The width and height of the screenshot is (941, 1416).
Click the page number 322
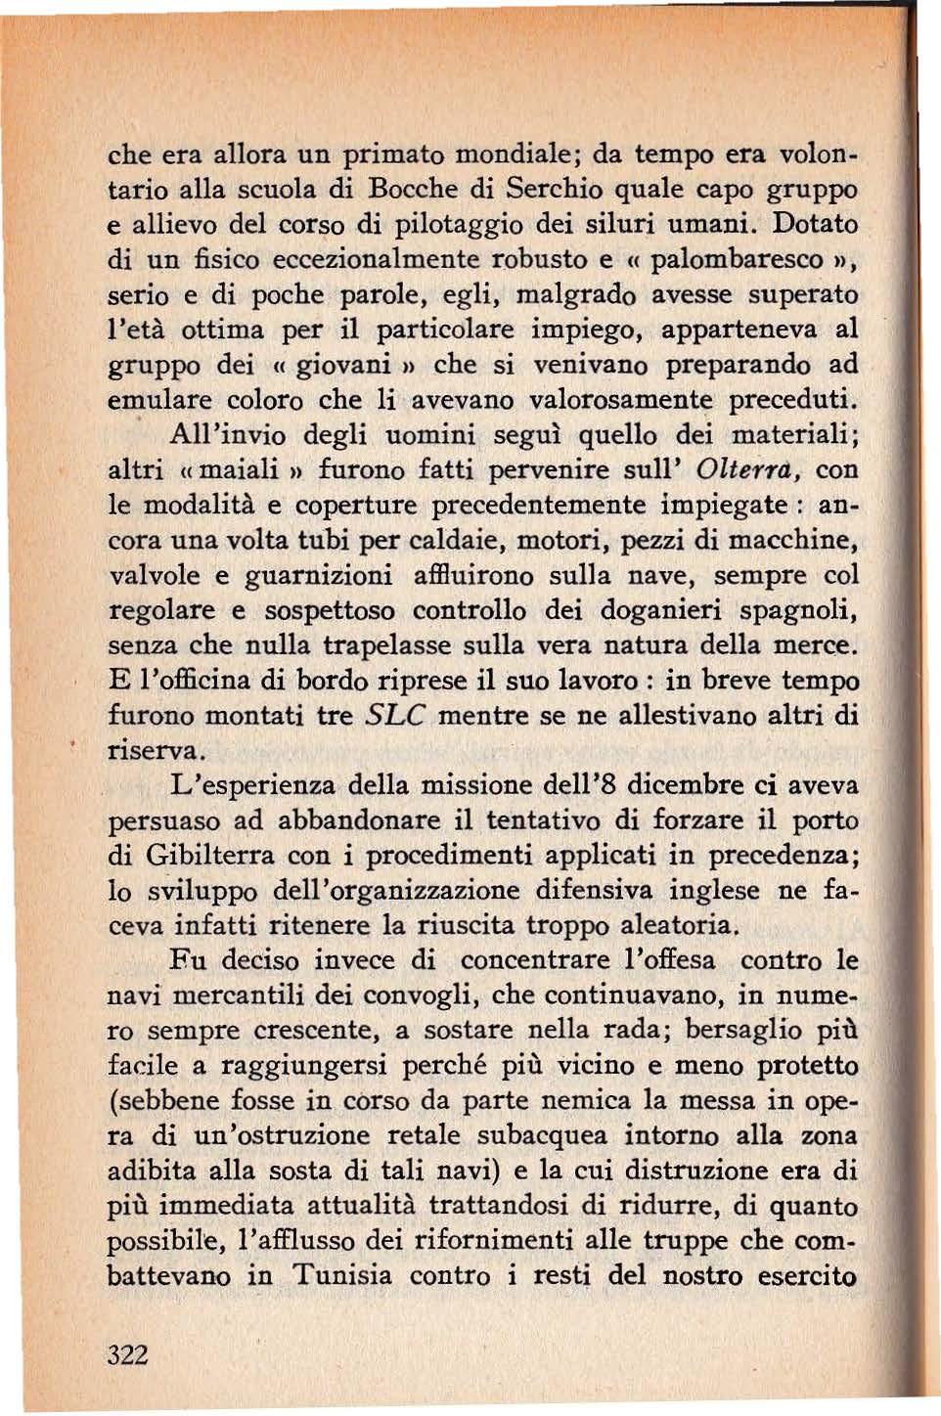pyautogui.click(x=128, y=1354)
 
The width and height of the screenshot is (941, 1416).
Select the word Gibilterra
pyautogui.click(x=208, y=855)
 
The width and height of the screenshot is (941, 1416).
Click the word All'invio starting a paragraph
pyautogui.click(x=228, y=434)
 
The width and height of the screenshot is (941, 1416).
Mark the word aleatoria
pyautogui.click(x=664, y=924)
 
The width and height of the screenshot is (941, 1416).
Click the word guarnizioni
pyautogui.click(x=317, y=575)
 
